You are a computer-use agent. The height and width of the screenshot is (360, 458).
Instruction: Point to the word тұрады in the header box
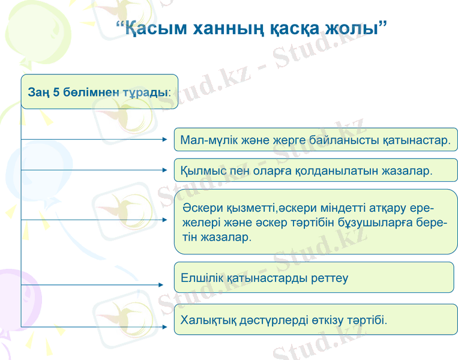coord(143,93)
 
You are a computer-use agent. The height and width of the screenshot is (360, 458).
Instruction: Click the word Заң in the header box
coord(38,93)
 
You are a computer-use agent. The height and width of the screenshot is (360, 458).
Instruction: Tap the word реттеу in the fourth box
coord(330,278)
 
